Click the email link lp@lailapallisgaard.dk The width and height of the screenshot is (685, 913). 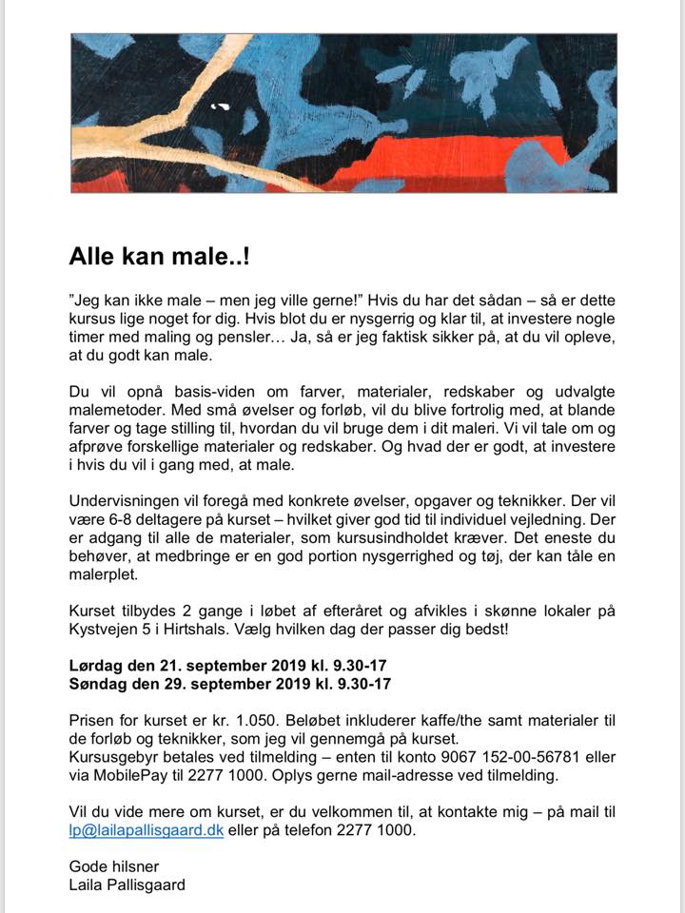click(146, 829)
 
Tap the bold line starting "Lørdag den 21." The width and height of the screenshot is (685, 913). click(229, 665)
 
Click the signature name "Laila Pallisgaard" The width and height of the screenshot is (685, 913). click(127, 884)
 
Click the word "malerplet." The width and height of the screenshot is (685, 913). click(105, 575)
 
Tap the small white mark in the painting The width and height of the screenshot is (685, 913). click(220, 106)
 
